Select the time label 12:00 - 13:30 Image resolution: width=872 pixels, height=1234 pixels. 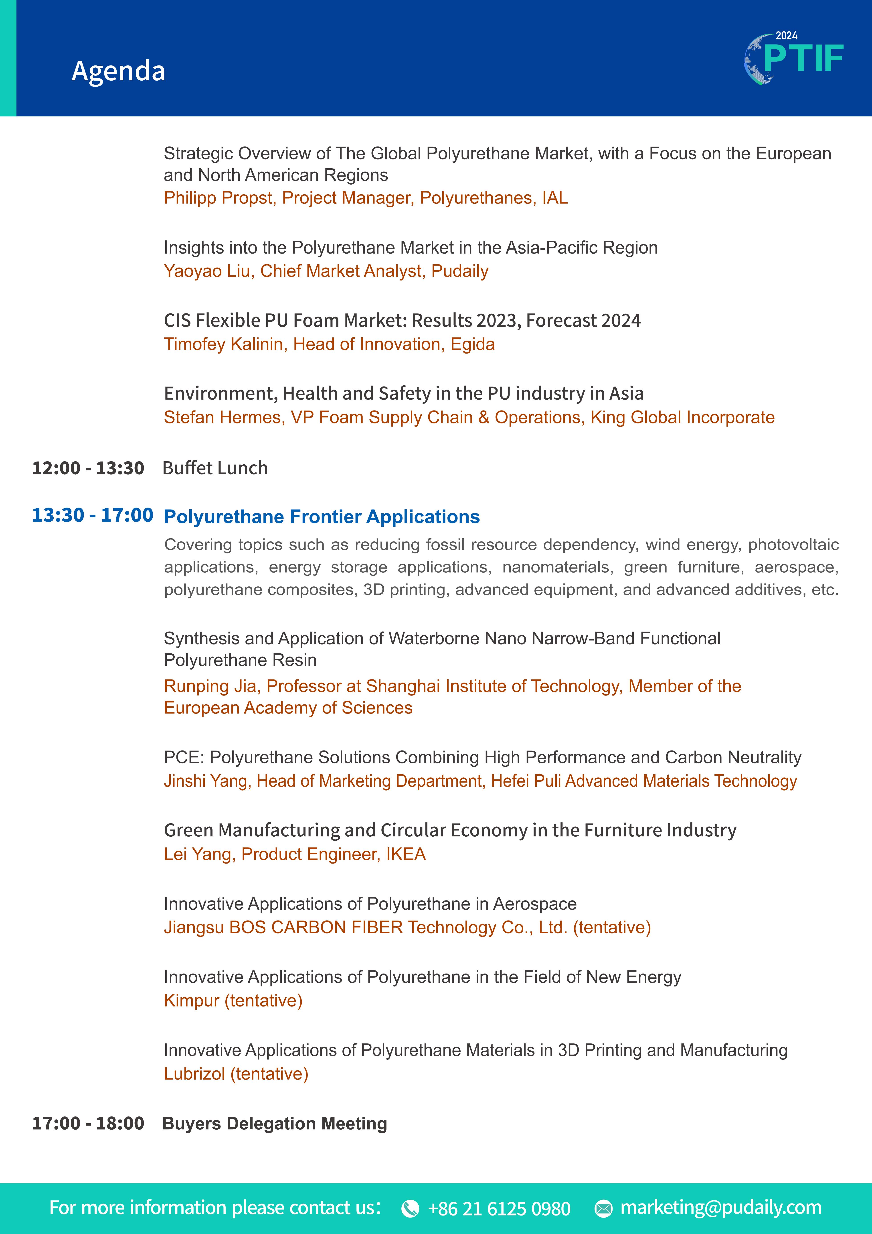pos(88,468)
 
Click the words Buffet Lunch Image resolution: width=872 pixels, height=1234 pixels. pos(215,468)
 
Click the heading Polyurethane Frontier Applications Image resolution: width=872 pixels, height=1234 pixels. pos(321,516)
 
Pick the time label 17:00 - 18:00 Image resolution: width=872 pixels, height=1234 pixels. pos(88,1123)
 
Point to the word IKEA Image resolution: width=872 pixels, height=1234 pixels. pos(406,854)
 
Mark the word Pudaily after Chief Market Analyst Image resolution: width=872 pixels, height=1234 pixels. pos(460,271)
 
